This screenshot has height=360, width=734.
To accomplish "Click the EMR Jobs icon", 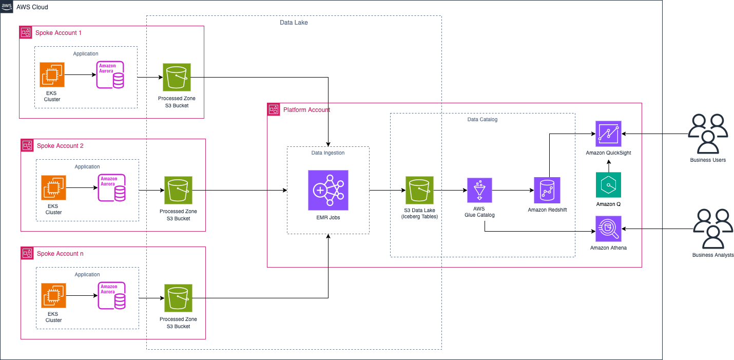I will click(328, 190).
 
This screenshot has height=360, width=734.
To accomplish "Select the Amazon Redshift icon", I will click(547, 190).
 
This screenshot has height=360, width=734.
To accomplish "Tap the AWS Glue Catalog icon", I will click(479, 191).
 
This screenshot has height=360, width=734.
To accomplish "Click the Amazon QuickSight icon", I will click(608, 134).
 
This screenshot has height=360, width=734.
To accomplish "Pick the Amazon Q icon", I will click(608, 185).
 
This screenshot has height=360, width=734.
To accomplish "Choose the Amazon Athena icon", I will click(608, 229).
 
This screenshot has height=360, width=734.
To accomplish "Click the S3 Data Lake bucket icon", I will click(419, 191).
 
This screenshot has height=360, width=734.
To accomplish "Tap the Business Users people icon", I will click(708, 134).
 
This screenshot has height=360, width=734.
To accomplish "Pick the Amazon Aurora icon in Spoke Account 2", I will click(111, 187).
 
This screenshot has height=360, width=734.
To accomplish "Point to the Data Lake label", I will click(294, 23).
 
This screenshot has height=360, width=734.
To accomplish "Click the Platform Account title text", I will click(306, 109).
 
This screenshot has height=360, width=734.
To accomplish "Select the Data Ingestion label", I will click(328, 153).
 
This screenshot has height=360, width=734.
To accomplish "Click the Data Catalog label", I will click(482, 119).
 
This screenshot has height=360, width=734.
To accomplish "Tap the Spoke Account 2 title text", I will click(60, 146).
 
